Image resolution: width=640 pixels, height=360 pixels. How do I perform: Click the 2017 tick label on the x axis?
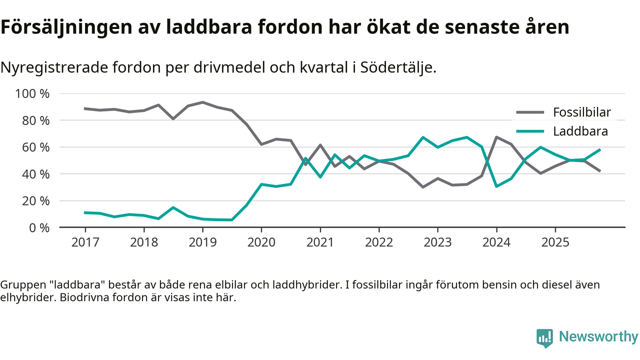coord(85,242)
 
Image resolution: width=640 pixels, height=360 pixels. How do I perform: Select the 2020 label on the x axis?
coord(261,242)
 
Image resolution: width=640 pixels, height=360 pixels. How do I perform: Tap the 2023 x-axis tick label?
coord(437,242)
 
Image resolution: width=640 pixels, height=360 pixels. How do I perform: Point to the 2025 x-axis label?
coord(555,242)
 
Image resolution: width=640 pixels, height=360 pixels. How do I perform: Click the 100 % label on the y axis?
coord(33,94)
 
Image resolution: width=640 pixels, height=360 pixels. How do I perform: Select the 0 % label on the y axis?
coord(39,227)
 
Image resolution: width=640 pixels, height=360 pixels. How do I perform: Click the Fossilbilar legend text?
coord(581,112)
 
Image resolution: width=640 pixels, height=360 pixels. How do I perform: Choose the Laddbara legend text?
coord(580,131)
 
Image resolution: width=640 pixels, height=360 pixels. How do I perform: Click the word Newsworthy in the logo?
coord(598,337)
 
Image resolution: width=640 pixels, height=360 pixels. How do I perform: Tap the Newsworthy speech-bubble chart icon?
coord(544,338)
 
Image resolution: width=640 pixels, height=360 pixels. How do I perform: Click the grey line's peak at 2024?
coord(496,137)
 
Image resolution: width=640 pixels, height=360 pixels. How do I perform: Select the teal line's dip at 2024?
coord(496,186)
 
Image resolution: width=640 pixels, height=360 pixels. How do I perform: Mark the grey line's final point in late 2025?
coord(600,171)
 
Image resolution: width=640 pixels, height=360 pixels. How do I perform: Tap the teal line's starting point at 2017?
coord(85,212)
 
